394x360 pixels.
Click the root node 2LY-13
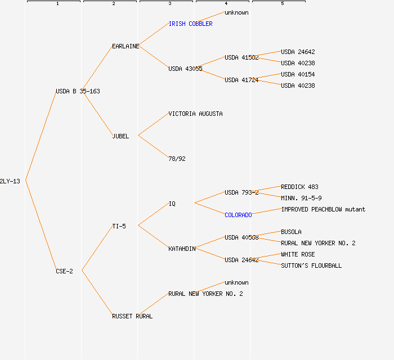[10, 181]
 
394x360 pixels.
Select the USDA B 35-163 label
[78, 91]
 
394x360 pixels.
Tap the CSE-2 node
[64, 271]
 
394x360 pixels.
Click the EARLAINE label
[126, 46]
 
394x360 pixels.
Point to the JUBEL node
[120, 136]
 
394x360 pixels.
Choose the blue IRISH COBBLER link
[190, 24]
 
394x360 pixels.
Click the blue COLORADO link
[238, 215]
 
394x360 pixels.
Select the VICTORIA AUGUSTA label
[195, 114]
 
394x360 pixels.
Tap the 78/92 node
[177, 159]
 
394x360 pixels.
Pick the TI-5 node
[119, 226]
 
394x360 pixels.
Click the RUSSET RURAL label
[132, 316]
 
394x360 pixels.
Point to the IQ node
[172, 204]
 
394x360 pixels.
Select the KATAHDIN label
[182, 249]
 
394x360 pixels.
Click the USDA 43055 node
[185, 69]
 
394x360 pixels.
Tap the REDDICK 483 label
[299, 187]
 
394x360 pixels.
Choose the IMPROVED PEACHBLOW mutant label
[323, 209]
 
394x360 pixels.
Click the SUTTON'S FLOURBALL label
[311, 265]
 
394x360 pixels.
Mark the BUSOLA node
[291, 232]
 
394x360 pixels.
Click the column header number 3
[169, 4]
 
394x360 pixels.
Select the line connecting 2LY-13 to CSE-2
[41, 226]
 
